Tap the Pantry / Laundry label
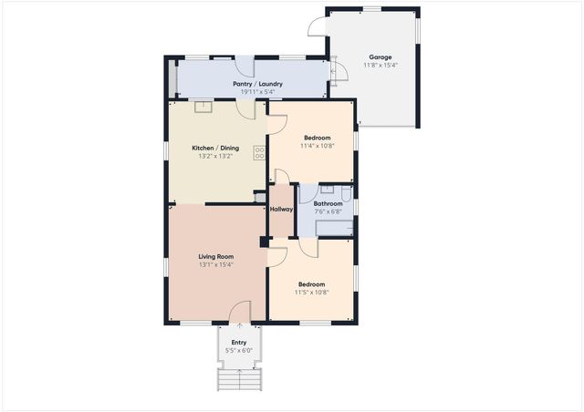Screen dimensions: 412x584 (x=257, y=84)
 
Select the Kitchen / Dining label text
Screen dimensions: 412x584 (x=215, y=148)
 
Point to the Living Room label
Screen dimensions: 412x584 (x=216, y=256)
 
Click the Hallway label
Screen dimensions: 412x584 (x=281, y=210)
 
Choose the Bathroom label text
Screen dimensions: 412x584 (x=328, y=203)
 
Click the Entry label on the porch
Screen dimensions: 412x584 (x=238, y=343)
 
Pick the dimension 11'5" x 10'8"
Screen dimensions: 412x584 (x=311, y=293)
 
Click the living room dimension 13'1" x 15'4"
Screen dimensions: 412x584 (x=216, y=264)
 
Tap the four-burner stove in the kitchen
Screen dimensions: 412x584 (x=259, y=152)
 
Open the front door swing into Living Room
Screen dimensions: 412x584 (x=239, y=312)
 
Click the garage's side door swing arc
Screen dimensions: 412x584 (x=316, y=27)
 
